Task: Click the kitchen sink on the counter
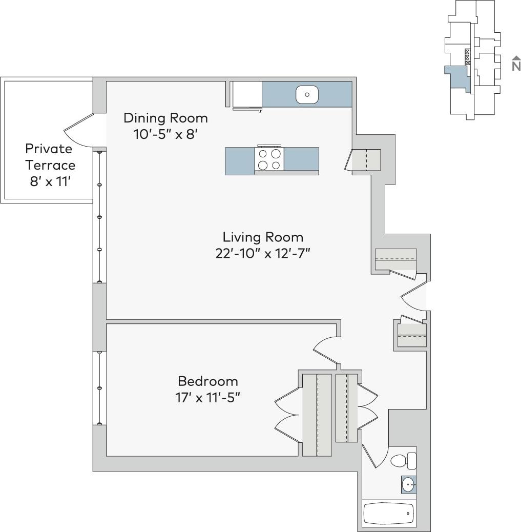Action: [x=307, y=94]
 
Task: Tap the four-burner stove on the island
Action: [x=269, y=159]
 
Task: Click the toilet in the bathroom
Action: [x=403, y=461]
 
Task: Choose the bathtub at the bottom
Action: [x=389, y=513]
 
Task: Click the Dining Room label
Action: [x=165, y=118]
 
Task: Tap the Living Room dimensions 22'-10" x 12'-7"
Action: [x=263, y=254]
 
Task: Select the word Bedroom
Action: [x=207, y=381]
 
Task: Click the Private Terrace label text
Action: [x=50, y=157]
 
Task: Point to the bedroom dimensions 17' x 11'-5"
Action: [x=207, y=398]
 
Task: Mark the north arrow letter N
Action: [x=515, y=66]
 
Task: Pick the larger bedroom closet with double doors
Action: [x=317, y=415]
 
